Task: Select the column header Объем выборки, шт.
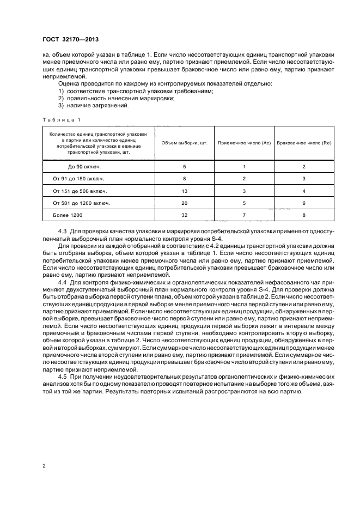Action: coord(185,142)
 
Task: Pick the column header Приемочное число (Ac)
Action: coord(245,142)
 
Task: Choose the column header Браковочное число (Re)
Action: coord(304,142)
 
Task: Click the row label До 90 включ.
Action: coord(74,166)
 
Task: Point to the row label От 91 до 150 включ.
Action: coord(78,178)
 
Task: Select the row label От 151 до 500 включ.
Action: coord(80,191)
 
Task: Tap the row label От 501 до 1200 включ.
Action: coord(82,203)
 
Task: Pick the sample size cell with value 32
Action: coord(185,216)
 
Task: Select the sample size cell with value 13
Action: coord(185,191)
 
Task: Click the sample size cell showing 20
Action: coord(185,203)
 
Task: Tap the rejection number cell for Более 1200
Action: coord(304,216)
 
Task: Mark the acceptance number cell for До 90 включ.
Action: coord(245,166)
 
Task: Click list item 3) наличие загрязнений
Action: coord(94,106)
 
